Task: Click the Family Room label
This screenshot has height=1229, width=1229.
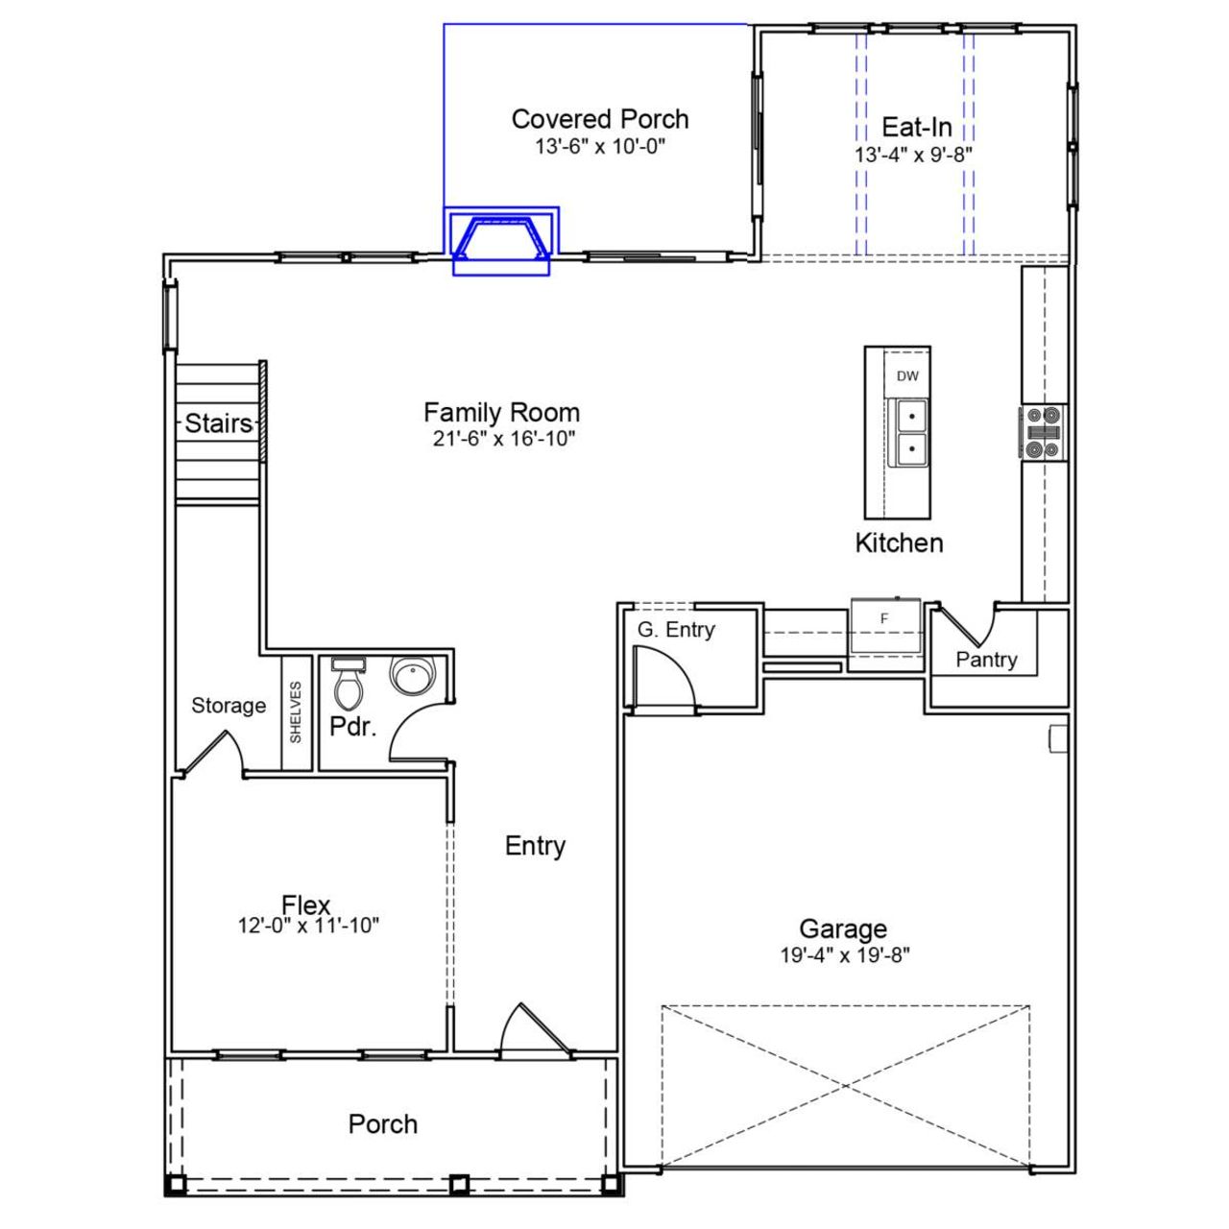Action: [x=501, y=413]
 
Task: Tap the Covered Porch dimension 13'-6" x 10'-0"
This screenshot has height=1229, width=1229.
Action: [x=600, y=147]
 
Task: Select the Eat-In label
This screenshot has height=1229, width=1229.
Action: [x=916, y=127]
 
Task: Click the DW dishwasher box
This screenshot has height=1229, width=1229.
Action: [x=907, y=376]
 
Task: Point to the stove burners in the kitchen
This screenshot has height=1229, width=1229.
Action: [x=1043, y=432]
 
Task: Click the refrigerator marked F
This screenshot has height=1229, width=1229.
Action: [x=885, y=620]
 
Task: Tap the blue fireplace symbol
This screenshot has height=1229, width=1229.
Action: [x=502, y=239]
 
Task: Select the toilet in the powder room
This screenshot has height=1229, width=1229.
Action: [x=347, y=683]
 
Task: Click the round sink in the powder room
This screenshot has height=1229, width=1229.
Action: [x=414, y=675]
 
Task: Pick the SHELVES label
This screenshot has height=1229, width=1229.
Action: [x=296, y=711]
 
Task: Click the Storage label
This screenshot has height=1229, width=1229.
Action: [x=229, y=706]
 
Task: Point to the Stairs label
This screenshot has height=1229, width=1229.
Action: [x=219, y=423]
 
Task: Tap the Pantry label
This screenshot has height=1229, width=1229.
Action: [x=986, y=660]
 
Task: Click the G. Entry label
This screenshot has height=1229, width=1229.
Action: [x=676, y=630]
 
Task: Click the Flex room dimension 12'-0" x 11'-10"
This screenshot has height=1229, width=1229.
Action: [x=308, y=926]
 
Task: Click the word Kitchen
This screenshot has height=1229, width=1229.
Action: [x=899, y=543]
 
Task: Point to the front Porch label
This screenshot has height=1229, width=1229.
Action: [x=382, y=1124]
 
